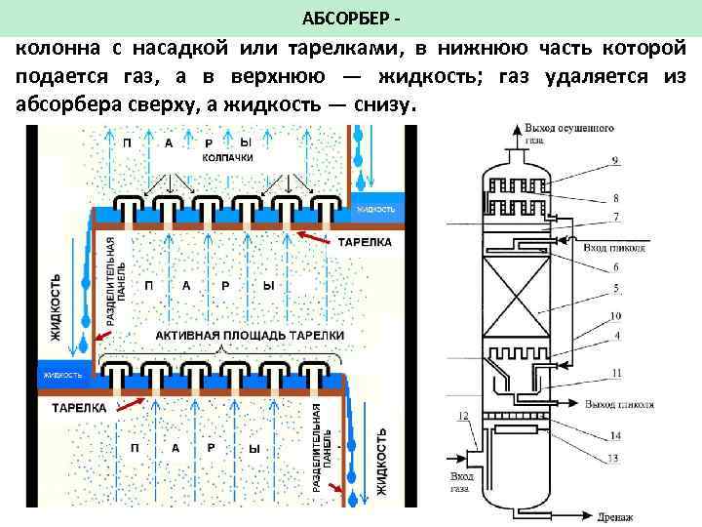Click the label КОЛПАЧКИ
click(x=228, y=157)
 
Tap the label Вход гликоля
click(x=613, y=248)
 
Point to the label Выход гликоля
click(x=620, y=403)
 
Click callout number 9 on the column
click(x=615, y=159)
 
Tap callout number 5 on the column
click(x=615, y=288)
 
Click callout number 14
click(x=615, y=436)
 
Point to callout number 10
click(x=615, y=315)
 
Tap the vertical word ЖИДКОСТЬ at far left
click(x=55, y=306)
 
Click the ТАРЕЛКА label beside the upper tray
click(x=365, y=240)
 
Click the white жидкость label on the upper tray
click(x=376, y=210)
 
